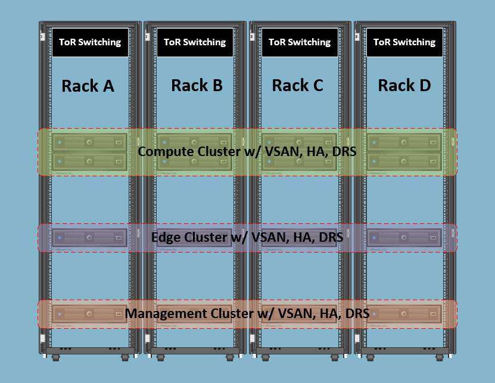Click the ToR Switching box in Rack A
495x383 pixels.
(90, 42)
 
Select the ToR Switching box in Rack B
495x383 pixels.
(195, 42)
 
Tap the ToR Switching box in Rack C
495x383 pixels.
(300, 42)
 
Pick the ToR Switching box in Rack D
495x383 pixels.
(404, 42)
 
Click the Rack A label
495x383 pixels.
(88, 86)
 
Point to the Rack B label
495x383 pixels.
(197, 85)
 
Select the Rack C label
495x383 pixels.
(297, 85)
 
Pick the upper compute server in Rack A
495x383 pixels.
(90, 143)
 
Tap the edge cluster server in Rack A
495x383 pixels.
(90, 238)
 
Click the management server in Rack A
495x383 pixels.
(90, 313)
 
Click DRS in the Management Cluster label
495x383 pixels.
(356, 313)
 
